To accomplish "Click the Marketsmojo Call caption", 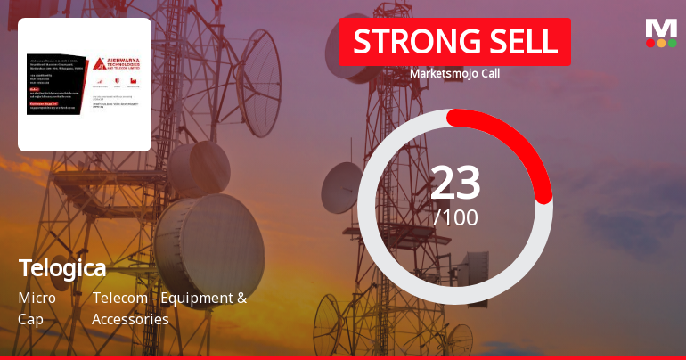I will pyautogui.click(x=454, y=73).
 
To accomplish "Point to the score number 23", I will pyautogui.click(x=455, y=183).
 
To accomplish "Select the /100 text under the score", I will pyautogui.click(x=455, y=217).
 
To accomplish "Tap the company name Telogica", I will pyautogui.click(x=62, y=267).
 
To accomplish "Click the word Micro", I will pyautogui.click(x=37, y=298).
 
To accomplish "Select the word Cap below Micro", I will pyautogui.click(x=30, y=318).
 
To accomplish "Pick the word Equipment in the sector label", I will pyautogui.click(x=199, y=298).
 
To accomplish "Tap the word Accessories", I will pyautogui.click(x=130, y=318).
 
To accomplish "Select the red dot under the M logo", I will pyautogui.click(x=650, y=43).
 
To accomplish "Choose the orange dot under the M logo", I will pyautogui.click(x=661, y=43).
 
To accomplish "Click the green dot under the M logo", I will pyautogui.click(x=672, y=43).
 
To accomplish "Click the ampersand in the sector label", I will pyautogui.click(x=241, y=298).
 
